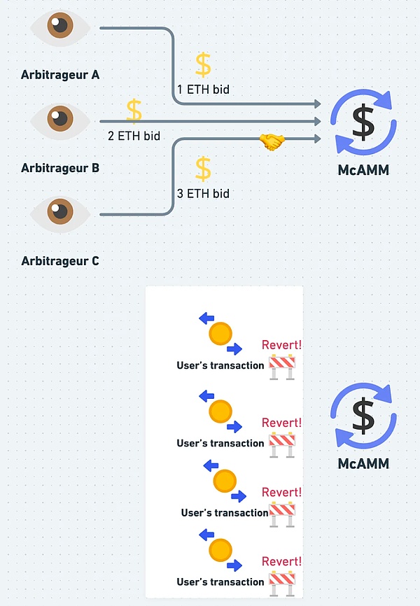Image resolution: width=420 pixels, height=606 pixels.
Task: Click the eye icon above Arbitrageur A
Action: tap(60, 27)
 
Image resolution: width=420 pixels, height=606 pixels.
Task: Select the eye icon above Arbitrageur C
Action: tap(60, 210)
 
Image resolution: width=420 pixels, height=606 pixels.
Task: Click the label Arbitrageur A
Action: tap(59, 73)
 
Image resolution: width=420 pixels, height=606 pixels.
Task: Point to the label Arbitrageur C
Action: tap(59, 261)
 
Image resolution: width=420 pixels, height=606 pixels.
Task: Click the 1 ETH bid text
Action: tap(203, 90)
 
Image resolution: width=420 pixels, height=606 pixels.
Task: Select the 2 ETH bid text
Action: tap(134, 136)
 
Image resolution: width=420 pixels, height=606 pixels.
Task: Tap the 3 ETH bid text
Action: tap(203, 193)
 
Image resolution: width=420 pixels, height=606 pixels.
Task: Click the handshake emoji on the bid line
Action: tap(272, 141)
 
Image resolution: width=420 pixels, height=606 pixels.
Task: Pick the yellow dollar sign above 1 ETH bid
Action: tap(203, 64)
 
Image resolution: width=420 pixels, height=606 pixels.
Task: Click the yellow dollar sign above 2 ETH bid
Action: tap(134, 111)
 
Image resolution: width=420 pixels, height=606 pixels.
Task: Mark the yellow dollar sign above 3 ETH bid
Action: tap(203, 168)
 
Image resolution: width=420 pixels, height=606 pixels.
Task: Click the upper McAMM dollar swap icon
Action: tap(363, 123)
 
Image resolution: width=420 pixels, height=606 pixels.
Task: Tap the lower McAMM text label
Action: tap(363, 463)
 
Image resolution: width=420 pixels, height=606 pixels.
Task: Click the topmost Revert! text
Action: tap(281, 344)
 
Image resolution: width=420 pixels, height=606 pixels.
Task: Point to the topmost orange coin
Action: tap(220, 333)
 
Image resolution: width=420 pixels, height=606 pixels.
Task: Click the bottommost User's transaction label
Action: tap(220, 582)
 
